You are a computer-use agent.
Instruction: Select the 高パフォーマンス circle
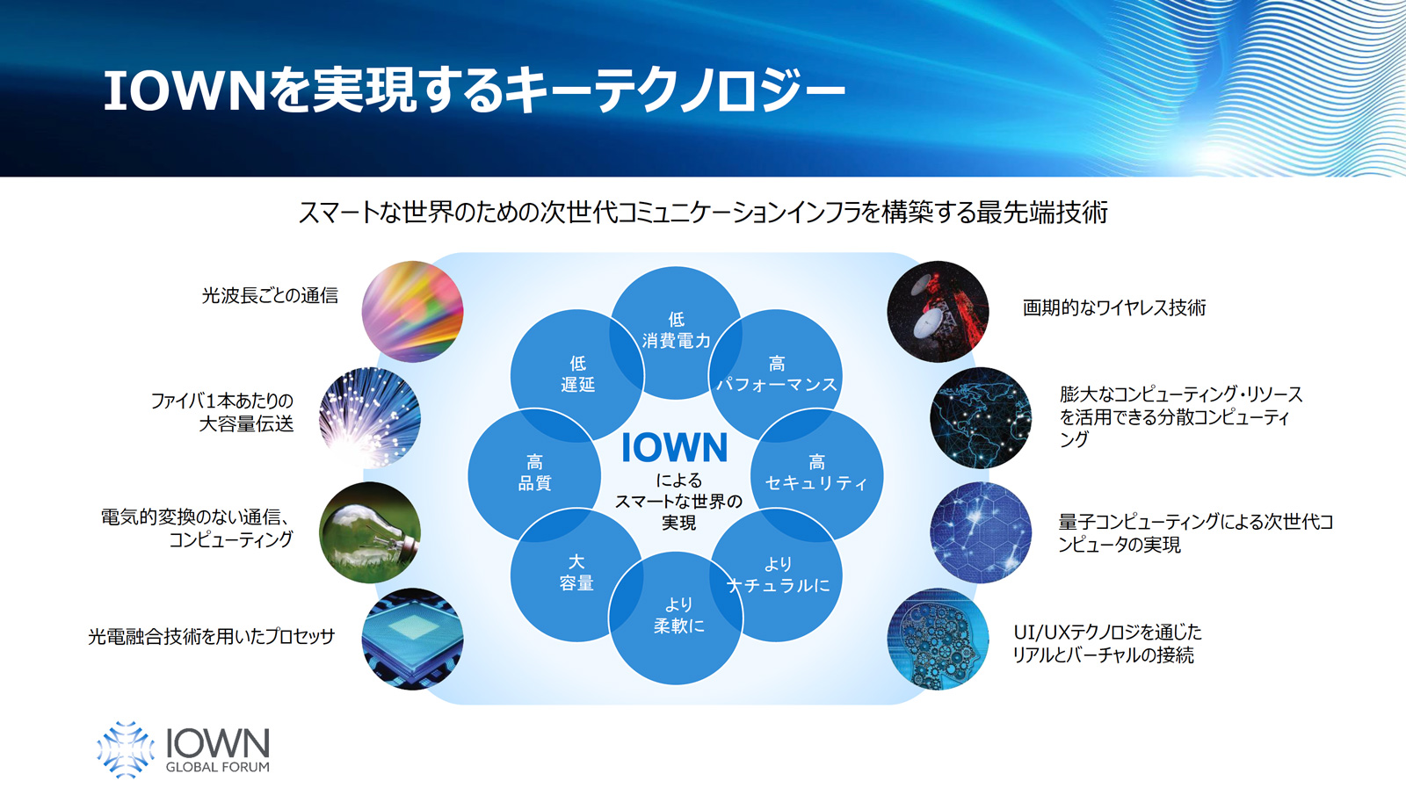click(776, 375)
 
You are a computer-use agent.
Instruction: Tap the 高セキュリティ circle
click(816, 475)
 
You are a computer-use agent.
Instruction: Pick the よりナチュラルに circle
click(776, 575)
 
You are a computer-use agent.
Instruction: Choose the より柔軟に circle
click(676, 618)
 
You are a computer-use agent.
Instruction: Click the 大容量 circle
click(576, 575)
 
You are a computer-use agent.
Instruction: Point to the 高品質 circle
click(535, 475)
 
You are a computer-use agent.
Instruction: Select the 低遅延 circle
click(576, 375)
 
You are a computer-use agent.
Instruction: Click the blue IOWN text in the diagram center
click(675, 447)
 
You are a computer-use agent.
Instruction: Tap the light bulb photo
click(370, 532)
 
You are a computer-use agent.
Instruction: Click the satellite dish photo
click(938, 311)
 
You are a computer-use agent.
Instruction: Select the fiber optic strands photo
click(370, 417)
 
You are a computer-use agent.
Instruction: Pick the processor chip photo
click(412, 639)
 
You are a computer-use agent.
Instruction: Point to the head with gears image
click(938, 639)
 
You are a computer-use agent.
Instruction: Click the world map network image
click(981, 417)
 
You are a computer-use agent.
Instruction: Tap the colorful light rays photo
click(412, 311)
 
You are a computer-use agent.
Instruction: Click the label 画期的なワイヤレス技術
click(1114, 308)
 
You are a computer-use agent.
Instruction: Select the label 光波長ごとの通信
click(270, 295)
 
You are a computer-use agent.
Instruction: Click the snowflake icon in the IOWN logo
click(126, 749)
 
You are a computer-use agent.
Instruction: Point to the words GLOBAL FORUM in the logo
click(217, 767)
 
